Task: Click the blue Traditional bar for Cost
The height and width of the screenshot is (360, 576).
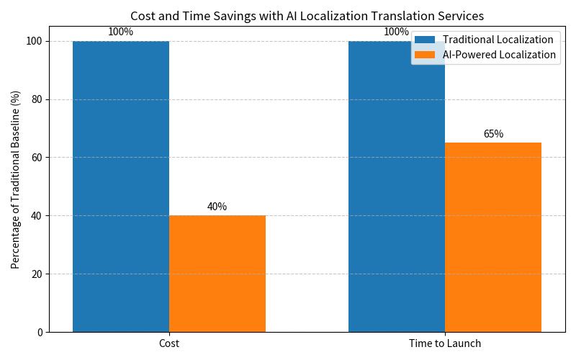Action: pyautogui.click(x=121, y=186)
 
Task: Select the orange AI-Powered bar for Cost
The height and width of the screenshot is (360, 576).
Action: pyautogui.click(x=217, y=274)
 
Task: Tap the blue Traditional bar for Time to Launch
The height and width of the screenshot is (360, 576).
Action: pyautogui.click(x=397, y=186)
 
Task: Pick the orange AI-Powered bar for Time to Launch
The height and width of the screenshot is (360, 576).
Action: pyautogui.click(x=493, y=237)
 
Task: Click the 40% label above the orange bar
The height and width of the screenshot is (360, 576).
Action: pyautogui.click(x=217, y=207)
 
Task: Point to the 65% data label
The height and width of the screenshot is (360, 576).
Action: pyautogui.click(x=493, y=134)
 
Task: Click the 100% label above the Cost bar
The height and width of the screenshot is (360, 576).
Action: pyautogui.click(x=120, y=32)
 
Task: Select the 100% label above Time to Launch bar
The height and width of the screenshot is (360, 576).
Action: pyautogui.click(x=396, y=32)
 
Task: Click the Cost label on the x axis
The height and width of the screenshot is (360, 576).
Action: pyautogui.click(x=169, y=344)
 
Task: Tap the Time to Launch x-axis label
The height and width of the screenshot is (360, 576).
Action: pyautogui.click(x=445, y=344)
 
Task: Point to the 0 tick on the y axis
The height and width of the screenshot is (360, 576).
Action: pyautogui.click(x=40, y=333)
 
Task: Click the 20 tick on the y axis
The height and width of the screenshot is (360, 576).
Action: pyautogui.click(x=37, y=274)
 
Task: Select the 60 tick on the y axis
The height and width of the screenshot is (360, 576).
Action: pyautogui.click(x=37, y=158)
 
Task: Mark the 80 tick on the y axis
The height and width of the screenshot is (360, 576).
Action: pyautogui.click(x=37, y=99)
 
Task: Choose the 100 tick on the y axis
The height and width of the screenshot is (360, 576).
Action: pyautogui.click(x=35, y=41)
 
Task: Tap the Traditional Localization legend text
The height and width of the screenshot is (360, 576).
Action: pyautogui.click(x=498, y=40)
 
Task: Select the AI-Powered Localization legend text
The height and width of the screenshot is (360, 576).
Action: pyautogui.click(x=499, y=55)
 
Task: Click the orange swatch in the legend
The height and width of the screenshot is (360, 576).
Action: pyautogui.click(x=425, y=55)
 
